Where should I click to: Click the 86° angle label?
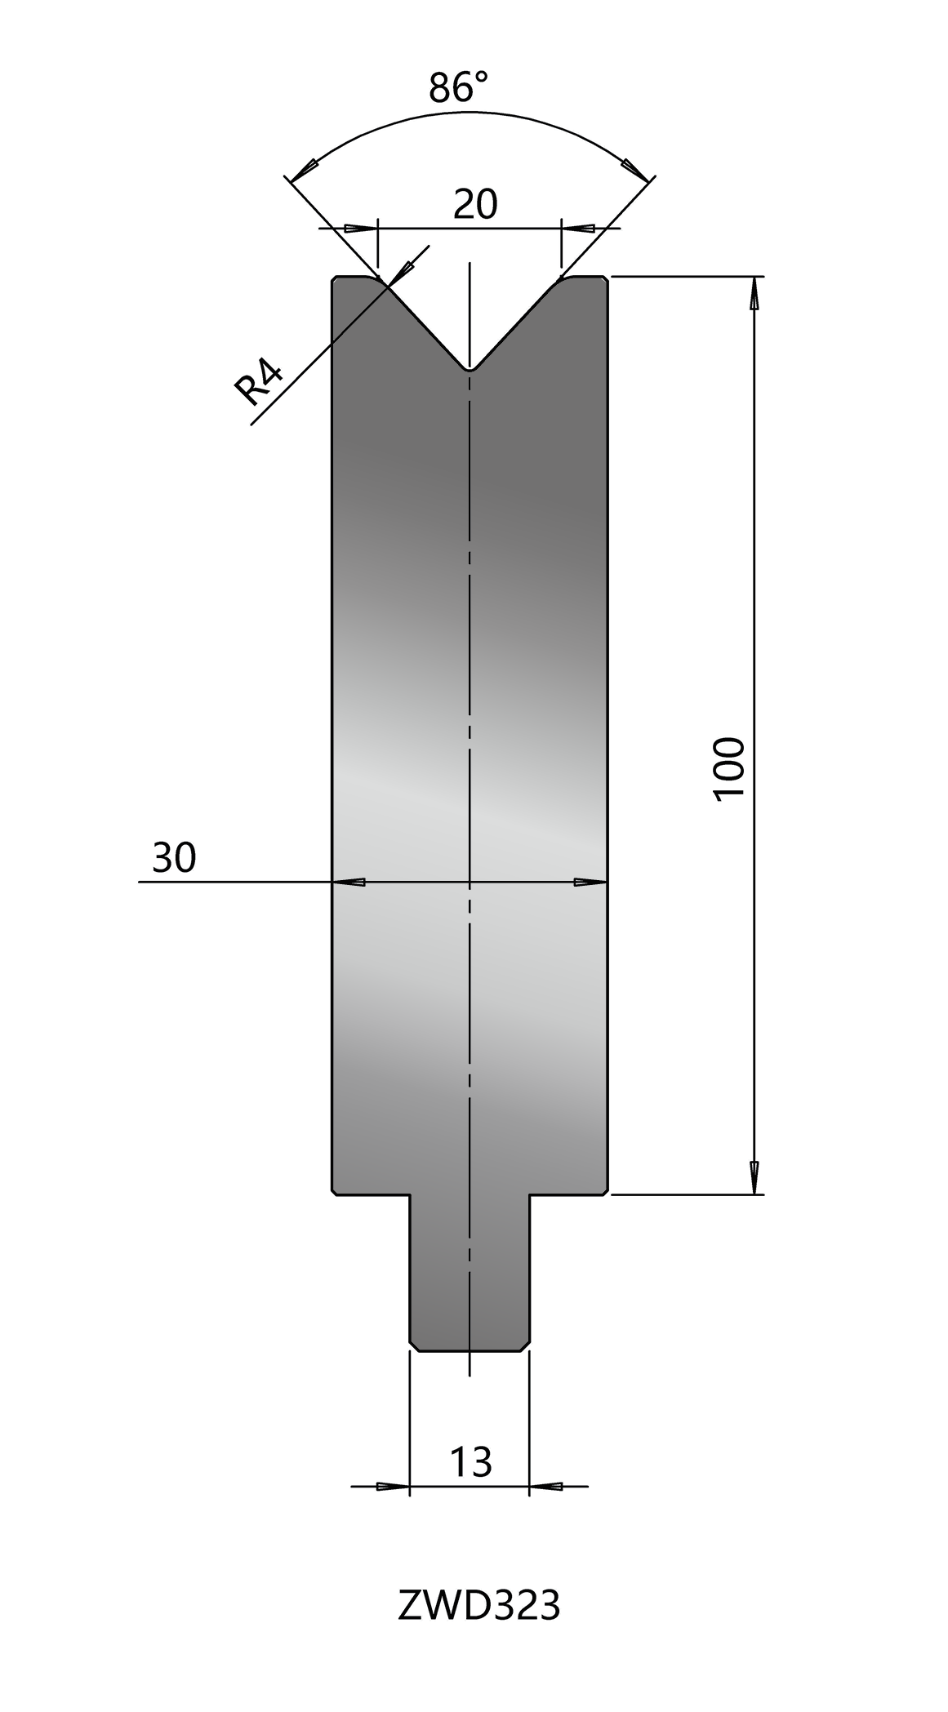[x=460, y=87]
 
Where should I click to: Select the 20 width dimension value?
[x=475, y=204]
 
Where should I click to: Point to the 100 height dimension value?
[x=730, y=769]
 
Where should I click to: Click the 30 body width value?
[x=174, y=858]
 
